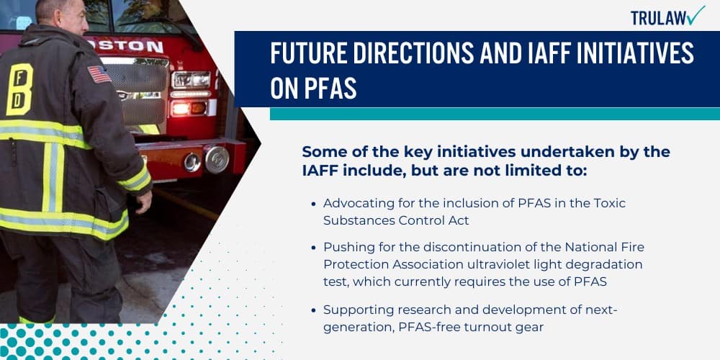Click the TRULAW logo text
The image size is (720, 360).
pyautogui.click(x=657, y=17)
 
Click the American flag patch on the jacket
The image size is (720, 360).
pyautogui.click(x=99, y=74)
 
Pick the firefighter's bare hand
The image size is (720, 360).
pyautogui.click(x=145, y=199)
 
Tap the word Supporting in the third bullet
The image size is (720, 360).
pyautogui.click(x=358, y=310)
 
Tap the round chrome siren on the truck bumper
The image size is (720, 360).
pyautogui.click(x=215, y=159)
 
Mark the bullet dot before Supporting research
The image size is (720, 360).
pyautogui.click(x=313, y=310)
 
